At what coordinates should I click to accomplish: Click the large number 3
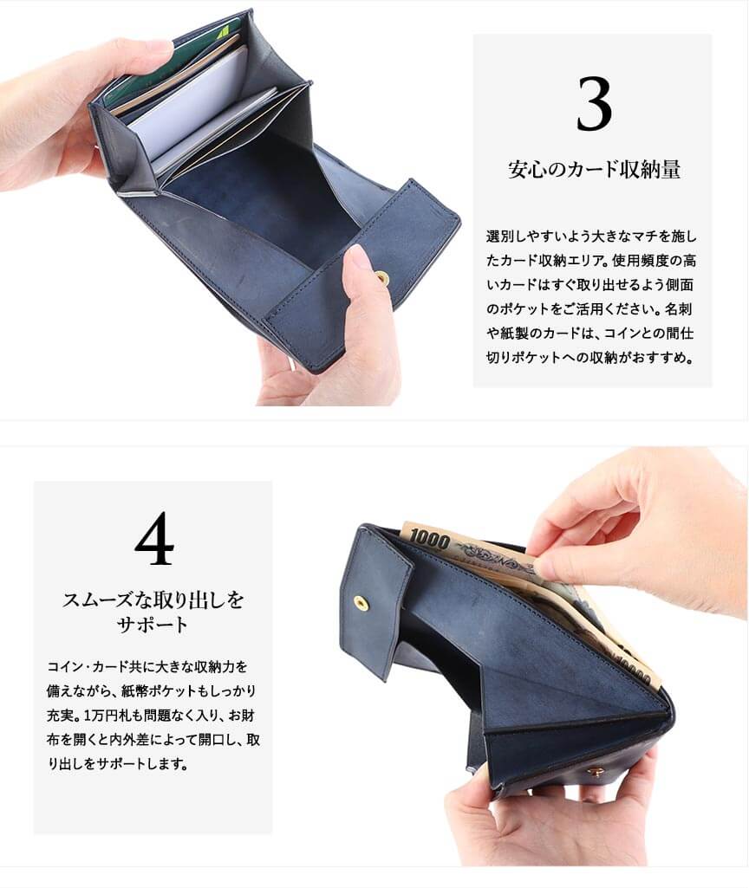point(594,104)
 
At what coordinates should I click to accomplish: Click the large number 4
point(154,538)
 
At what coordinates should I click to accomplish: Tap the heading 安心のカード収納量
point(594,169)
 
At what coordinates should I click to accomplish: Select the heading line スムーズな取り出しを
point(153,600)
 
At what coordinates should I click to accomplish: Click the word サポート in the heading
point(153,625)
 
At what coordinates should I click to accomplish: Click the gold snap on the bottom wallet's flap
point(359,603)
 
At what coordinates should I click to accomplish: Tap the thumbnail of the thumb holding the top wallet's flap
point(358,259)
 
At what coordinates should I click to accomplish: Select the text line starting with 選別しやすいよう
point(591,237)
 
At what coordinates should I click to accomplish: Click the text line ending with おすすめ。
point(589,357)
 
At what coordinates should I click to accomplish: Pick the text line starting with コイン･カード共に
point(147,666)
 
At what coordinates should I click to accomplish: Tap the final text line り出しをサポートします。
point(118,763)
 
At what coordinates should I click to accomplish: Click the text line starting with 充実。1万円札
point(150,716)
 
